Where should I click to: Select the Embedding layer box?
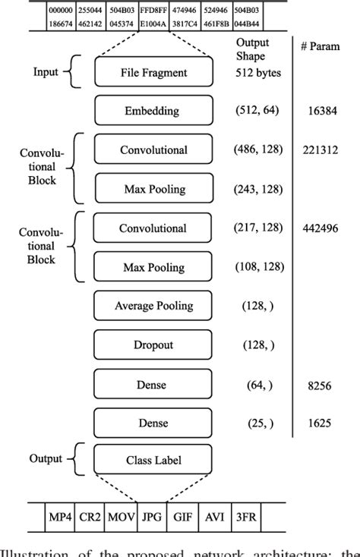153,111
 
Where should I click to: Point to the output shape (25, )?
256,423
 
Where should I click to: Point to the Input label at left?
46,74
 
